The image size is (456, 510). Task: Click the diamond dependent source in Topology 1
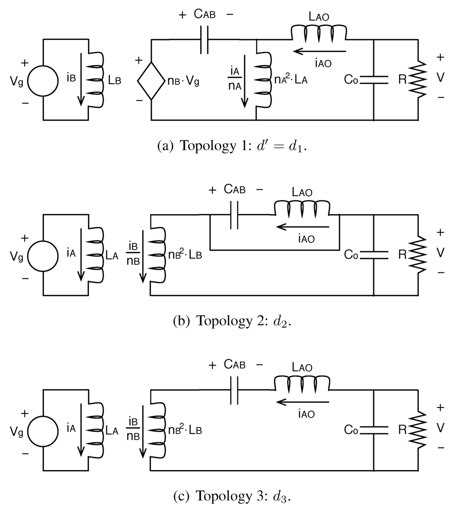coord(151,80)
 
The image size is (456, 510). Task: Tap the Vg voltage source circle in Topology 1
coord(43,81)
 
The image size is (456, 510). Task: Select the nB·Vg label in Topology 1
coord(184,81)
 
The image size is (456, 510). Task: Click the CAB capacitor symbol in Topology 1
coord(204,40)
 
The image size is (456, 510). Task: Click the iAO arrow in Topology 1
coord(319,52)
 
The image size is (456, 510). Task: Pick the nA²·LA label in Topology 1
coord(291,81)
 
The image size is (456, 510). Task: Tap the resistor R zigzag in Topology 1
coord(418,80)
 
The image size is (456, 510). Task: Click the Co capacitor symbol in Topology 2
coord(373,255)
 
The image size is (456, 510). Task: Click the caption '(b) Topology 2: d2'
coord(232,321)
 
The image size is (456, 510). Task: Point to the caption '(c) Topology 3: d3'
coord(232,495)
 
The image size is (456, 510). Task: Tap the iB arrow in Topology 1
coord(81,80)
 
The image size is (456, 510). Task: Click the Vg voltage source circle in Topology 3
coord(43,430)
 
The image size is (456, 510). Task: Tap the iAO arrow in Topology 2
coord(303,227)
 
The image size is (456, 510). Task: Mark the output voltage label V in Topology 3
coord(440,428)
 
